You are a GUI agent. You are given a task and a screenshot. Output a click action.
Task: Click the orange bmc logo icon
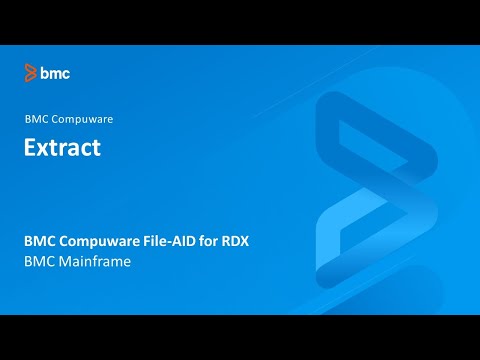click(31, 72)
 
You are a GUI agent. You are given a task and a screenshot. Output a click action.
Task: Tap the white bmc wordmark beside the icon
click(55, 72)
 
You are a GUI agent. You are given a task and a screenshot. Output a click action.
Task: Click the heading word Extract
click(62, 148)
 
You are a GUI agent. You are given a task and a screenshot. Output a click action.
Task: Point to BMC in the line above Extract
click(36, 119)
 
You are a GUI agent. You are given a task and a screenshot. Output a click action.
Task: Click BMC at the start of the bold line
click(39, 241)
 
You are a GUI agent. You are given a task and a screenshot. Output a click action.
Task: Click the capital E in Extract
click(31, 148)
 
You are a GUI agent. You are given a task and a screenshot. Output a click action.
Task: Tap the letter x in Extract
click(45, 149)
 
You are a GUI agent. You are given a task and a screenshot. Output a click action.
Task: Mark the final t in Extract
click(96, 148)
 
